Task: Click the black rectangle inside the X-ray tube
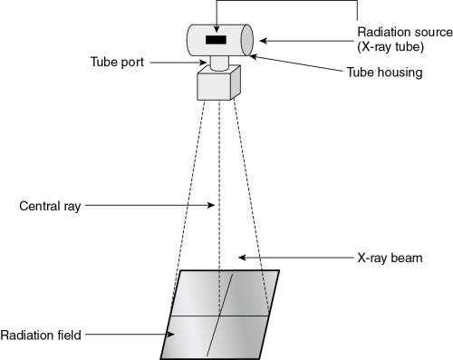point(216,41)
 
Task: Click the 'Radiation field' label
point(42,335)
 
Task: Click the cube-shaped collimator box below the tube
point(217,86)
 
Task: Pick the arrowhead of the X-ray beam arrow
point(242,258)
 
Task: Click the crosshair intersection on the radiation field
point(218,315)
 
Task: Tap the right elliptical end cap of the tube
point(246,40)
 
